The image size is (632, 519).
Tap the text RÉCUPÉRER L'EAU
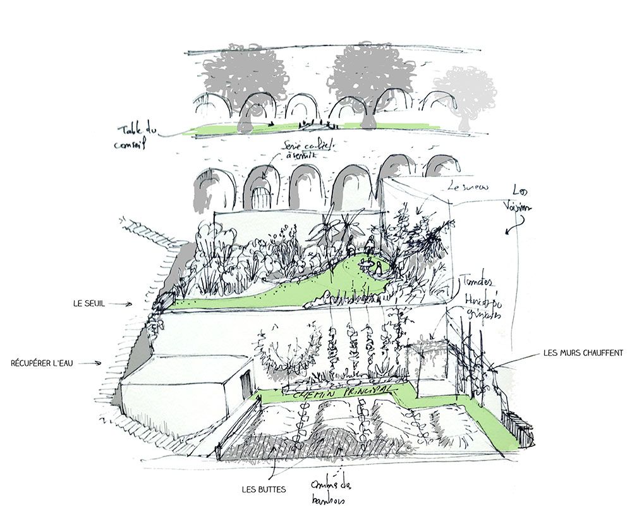click(x=43, y=363)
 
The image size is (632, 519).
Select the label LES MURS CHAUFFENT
click(x=583, y=353)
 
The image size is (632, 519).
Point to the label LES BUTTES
click(x=264, y=489)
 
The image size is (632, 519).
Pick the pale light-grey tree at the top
click(x=465, y=95)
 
